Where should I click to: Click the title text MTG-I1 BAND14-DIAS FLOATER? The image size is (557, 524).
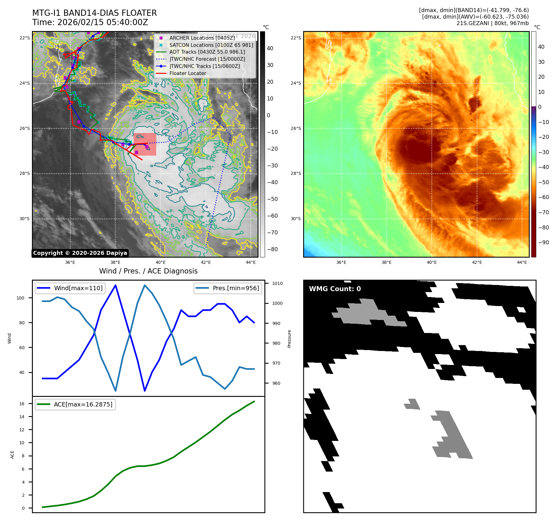(x=95, y=13)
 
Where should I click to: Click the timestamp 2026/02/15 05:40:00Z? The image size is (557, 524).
(x=103, y=23)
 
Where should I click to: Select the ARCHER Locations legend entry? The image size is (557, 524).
(x=202, y=38)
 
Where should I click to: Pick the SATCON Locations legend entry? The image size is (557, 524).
(x=211, y=45)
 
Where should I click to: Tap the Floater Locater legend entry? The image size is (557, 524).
(x=188, y=73)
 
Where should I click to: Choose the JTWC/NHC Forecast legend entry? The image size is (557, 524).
(x=207, y=59)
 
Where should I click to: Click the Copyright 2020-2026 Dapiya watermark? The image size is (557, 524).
(x=80, y=253)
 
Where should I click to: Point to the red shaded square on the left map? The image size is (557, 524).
(x=145, y=144)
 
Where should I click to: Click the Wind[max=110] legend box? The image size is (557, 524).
(x=70, y=288)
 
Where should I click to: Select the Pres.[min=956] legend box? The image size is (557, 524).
(x=228, y=288)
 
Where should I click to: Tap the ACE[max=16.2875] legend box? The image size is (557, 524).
(x=75, y=404)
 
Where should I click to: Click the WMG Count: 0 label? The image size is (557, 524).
(x=335, y=289)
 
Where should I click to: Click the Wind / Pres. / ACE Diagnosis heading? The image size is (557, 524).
(x=148, y=271)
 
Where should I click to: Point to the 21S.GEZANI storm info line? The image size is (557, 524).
(x=492, y=23)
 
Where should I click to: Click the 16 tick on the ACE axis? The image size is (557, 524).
(x=22, y=404)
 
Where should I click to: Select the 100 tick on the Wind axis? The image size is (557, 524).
(x=20, y=298)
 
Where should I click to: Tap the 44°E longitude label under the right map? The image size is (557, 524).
(x=522, y=262)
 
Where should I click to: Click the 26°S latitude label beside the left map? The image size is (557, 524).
(x=25, y=128)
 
